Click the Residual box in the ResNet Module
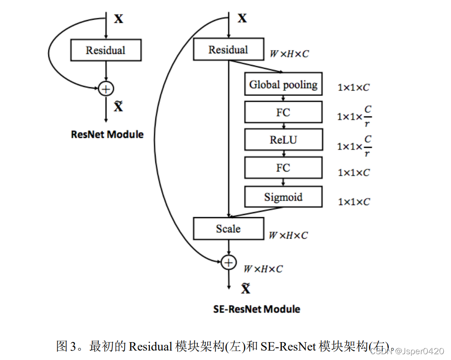point(106,50)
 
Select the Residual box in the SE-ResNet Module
point(228,50)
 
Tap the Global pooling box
point(283,84)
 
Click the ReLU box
point(283,140)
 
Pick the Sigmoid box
point(283,197)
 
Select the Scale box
point(228,229)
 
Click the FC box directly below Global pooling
point(283,112)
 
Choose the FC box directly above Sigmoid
point(283,168)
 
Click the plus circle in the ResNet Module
point(106,89)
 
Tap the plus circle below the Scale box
point(229,262)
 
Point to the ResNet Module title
point(107,134)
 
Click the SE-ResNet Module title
point(257,309)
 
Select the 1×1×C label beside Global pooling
point(353,88)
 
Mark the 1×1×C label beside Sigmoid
point(353,202)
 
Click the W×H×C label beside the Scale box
point(288,236)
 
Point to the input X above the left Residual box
point(119,19)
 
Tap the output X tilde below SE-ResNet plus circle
point(246,289)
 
